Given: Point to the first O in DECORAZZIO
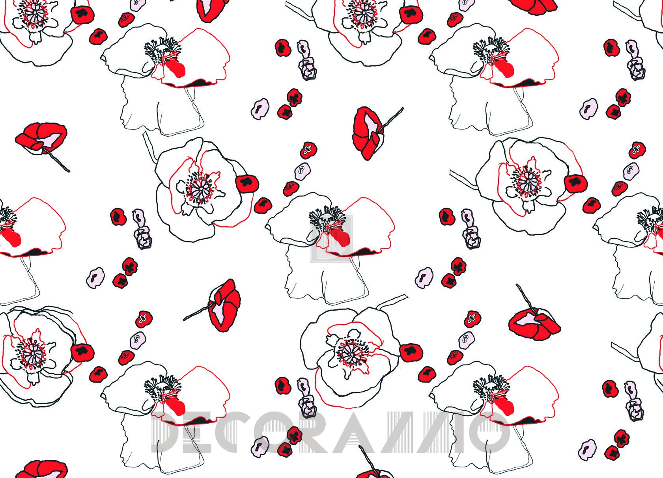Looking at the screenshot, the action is pyautogui.click(x=273, y=432).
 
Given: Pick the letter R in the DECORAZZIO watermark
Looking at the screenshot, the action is pyautogui.click(x=313, y=432).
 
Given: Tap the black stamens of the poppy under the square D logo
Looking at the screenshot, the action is pyautogui.click(x=327, y=218).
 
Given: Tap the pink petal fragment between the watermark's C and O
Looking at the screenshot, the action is pyautogui.click(x=260, y=447).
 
